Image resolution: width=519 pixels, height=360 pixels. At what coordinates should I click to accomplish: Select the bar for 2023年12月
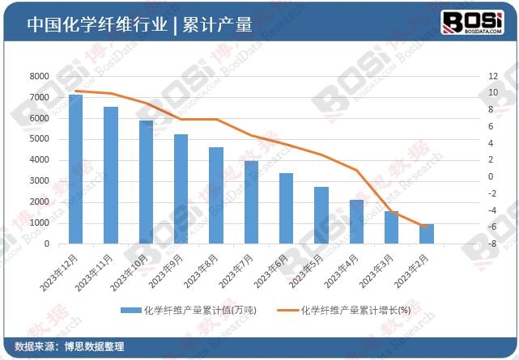pos(75,168)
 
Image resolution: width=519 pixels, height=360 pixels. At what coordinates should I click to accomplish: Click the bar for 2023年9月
pos(181,188)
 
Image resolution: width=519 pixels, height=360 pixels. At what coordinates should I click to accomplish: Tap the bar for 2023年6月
pos(286,208)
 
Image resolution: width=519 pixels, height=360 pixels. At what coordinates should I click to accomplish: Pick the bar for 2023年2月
pos(427,233)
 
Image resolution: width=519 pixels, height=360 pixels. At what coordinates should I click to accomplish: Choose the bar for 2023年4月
pos(356,221)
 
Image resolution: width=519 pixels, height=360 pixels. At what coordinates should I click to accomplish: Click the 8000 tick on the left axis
pos(38,76)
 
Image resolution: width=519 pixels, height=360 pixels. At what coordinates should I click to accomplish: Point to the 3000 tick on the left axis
pos(38,181)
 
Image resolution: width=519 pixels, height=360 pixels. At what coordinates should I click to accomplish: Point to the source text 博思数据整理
pos(95,346)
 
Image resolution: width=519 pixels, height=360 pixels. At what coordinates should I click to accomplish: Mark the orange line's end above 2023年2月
pos(427,227)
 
